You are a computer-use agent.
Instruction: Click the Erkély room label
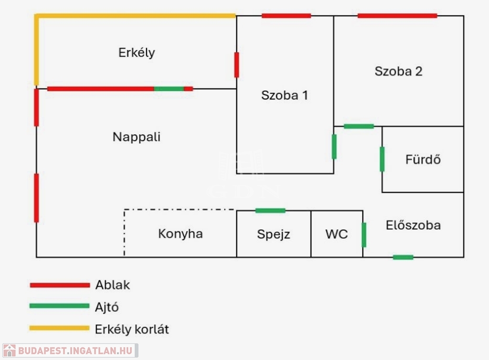pyautogui.click(x=137, y=53)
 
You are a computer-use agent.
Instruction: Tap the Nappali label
pyautogui.click(x=137, y=137)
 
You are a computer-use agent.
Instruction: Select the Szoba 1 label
pyautogui.click(x=285, y=95)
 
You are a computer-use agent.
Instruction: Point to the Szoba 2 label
pyautogui.click(x=398, y=72)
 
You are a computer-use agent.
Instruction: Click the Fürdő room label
pyautogui.click(x=423, y=159)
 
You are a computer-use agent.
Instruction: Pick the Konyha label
pyautogui.click(x=181, y=234)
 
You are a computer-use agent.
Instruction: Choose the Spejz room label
pyautogui.click(x=274, y=234)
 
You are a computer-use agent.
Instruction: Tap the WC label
pyautogui.click(x=337, y=234)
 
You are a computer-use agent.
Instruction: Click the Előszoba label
pyautogui.click(x=413, y=225)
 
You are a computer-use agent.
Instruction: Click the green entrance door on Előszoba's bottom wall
pyautogui.click(x=403, y=257)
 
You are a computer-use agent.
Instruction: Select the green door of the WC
pyautogui.click(x=364, y=235)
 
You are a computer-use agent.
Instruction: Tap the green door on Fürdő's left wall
pyautogui.click(x=382, y=159)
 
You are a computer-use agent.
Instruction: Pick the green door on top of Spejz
pyautogui.click(x=270, y=211)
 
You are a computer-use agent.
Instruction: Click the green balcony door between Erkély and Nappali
pyautogui.click(x=169, y=89)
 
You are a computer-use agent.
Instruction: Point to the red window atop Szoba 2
pyautogui.click(x=397, y=16)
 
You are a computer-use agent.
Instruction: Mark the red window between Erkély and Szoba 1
pyautogui.click(x=236, y=65)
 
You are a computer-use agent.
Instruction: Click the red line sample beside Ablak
pyautogui.click(x=60, y=286)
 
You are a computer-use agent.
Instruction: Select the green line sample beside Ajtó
pyautogui.click(x=60, y=306)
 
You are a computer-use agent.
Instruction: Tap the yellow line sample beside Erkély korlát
pyautogui.click(x=60, y=328)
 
